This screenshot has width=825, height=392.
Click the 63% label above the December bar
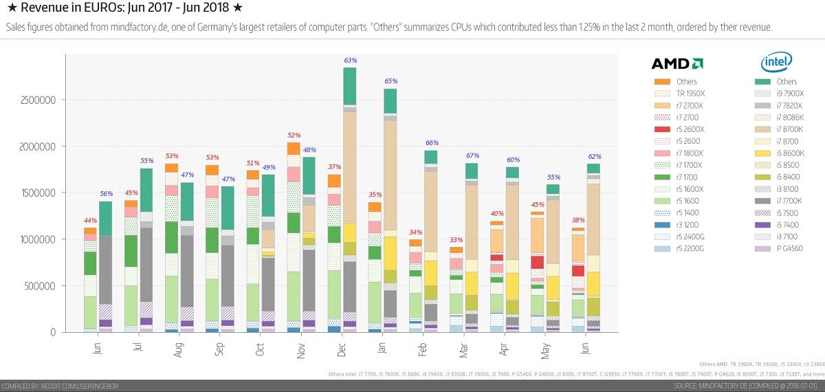pyautogui.click(x=350, y=61)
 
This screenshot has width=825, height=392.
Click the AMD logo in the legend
pyautogui.click(x=676, y=63)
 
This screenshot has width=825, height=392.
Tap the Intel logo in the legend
pyautogui.click(x=776, y=63)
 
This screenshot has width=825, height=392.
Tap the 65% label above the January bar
pyautogui.click(x=390, y=81)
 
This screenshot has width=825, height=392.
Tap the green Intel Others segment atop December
pyautogui.click(x=350, y=85)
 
